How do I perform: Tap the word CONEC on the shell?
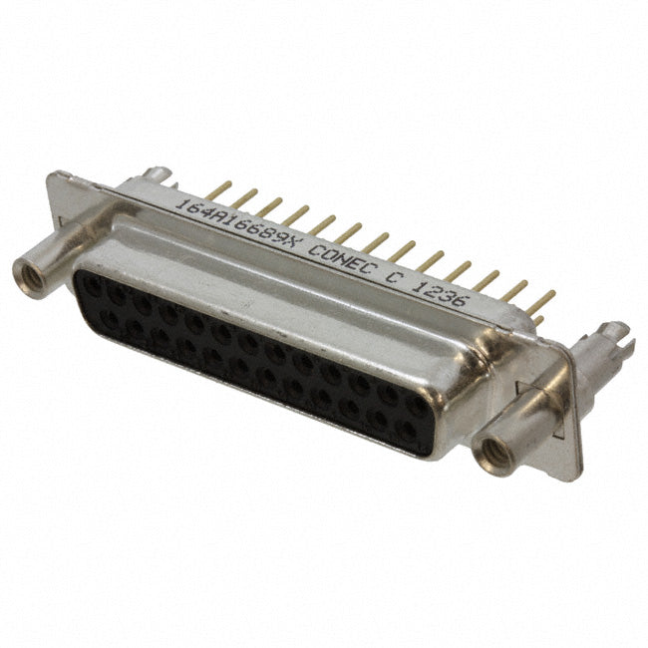point(344,260)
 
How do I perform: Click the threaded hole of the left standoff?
point(30,275)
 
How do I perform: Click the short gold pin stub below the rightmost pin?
point(538,319)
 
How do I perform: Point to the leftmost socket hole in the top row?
point(92,285)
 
